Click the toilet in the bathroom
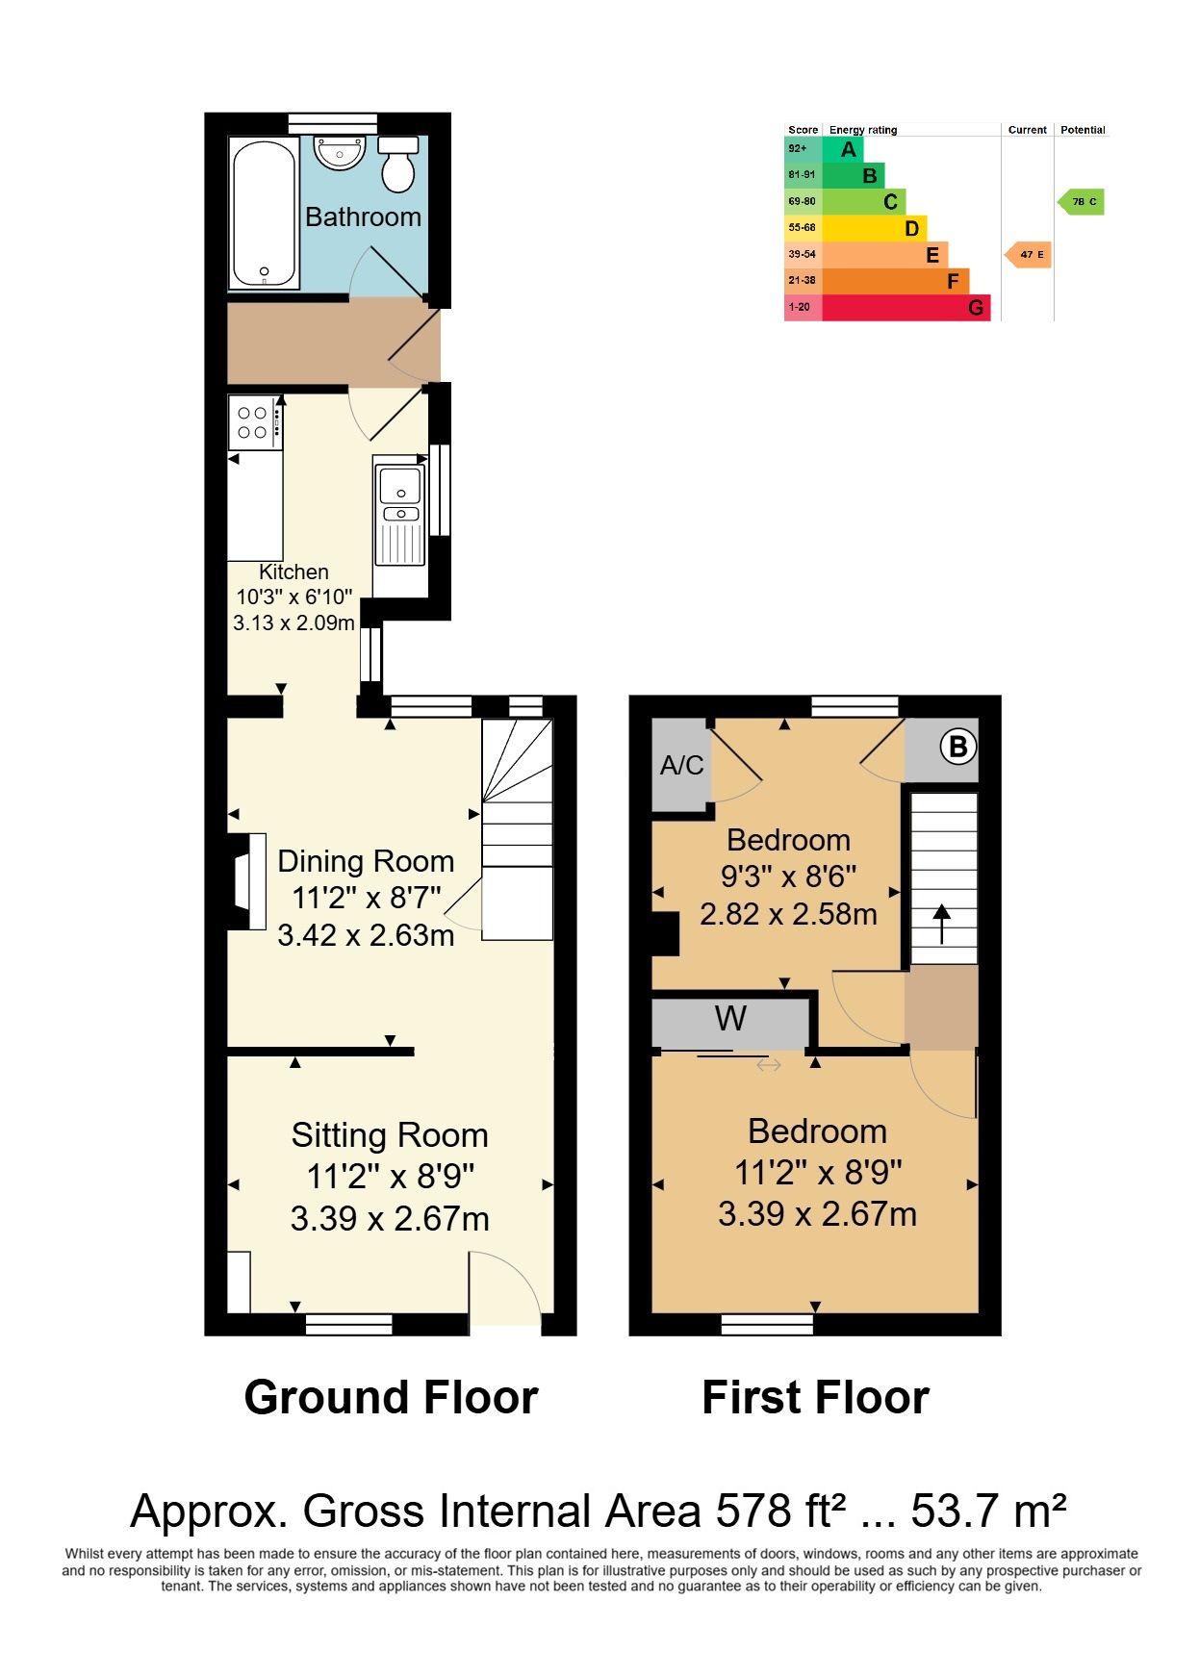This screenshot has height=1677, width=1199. click(397, 164)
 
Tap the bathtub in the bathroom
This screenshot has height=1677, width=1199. click(263, 213)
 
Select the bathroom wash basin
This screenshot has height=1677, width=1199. click(340, 152)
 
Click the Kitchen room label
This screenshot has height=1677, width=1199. click(294, 572)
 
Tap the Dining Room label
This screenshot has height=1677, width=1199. click(366, 861)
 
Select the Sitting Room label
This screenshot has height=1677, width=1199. click(390, 1135)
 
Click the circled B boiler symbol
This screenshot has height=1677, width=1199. click(958, 747)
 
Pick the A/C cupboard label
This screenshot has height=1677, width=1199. click(682, 766)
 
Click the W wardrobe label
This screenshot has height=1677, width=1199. click(730, 1018)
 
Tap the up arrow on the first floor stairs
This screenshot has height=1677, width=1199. click(940, 925)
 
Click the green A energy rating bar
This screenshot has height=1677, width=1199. click(843, 149)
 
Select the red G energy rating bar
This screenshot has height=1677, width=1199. click(906, 308)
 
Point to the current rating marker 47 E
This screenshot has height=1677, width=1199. click(1027, 255)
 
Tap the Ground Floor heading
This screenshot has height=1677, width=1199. click(391, 1397)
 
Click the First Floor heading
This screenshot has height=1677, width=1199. click(816, 1397)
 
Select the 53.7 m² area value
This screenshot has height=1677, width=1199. click(988, 1511)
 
